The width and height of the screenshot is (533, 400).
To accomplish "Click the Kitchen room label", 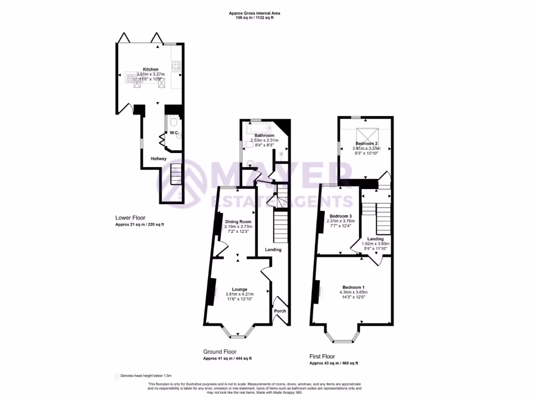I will pos(151,69).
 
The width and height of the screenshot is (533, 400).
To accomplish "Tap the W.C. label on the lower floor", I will pos(174,133).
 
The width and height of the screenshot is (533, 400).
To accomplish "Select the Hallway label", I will pos(159,158).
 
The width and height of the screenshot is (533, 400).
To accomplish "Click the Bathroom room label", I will pos(264,135).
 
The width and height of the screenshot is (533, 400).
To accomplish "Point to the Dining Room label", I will pos(238,221).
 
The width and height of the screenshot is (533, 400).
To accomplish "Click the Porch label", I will pos(280,311).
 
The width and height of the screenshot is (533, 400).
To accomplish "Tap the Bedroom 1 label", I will pos(353,287).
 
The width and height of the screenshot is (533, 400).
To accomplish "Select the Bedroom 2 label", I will pos(366,143).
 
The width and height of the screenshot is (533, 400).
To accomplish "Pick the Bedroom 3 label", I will pos(339,216).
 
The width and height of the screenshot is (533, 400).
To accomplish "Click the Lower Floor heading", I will pos(130,218).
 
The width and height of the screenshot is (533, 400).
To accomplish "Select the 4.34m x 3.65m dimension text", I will pos(353,292).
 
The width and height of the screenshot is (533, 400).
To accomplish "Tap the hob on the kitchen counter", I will pos(176,66).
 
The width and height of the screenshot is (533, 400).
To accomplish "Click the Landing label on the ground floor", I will pos(273,249).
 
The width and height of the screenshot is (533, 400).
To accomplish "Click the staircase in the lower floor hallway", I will pos(176,174).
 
